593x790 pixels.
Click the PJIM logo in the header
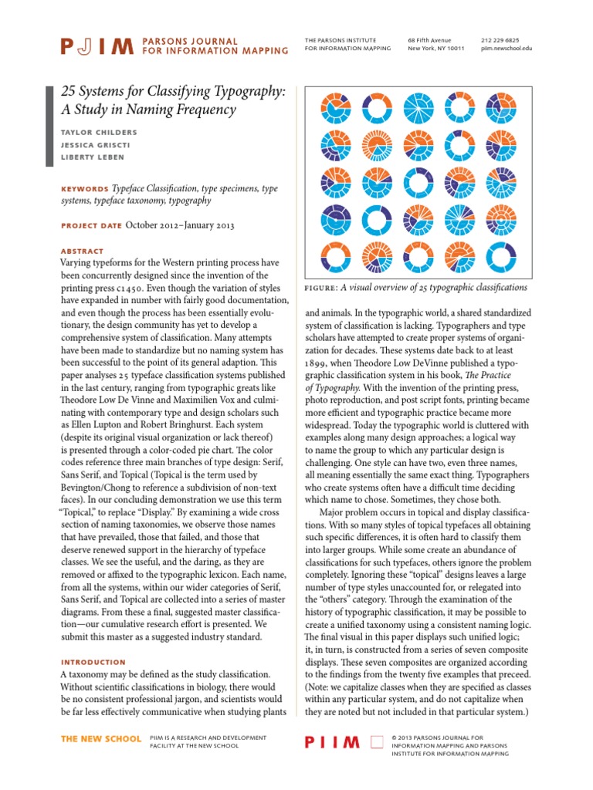(96, 46)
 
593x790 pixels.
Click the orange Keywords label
(84, 189)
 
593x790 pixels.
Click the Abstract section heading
(81, 251)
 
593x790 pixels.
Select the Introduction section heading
(93, 662)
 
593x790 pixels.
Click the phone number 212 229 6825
(500, 39)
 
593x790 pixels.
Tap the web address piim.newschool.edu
(506, 48)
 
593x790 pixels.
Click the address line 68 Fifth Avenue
(429, 39)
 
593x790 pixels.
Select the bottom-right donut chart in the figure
(498, 256)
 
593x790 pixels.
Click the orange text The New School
(100, 739)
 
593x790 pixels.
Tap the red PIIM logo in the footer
(333, 742)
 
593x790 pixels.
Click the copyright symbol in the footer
(395, 738)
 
